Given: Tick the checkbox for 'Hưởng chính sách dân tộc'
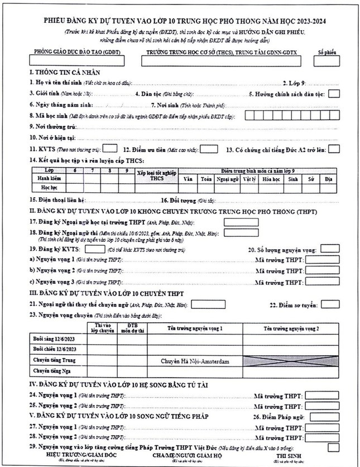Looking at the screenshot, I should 334,94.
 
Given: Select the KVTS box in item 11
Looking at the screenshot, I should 110,149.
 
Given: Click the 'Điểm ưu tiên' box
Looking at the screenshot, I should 209,149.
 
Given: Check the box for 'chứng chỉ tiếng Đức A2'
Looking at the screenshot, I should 334,149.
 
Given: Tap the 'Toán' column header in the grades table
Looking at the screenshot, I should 206,179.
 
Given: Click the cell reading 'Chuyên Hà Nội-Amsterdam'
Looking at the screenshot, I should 195,361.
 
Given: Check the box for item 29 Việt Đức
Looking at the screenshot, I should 334,447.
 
